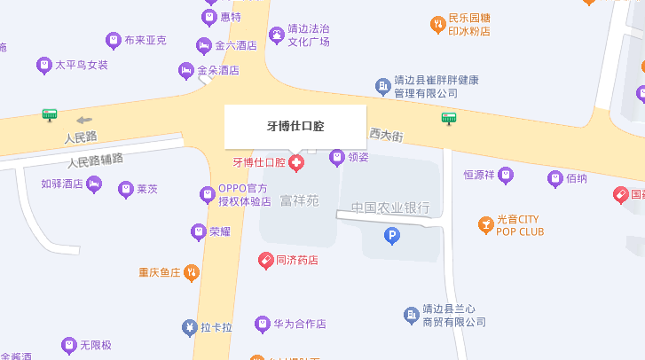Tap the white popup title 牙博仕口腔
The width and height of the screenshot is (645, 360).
click(295, 126)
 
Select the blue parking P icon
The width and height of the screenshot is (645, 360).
click(391, 235)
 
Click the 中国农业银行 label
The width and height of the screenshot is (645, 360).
click(389, 207)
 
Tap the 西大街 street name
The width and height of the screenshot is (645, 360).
click(386, 136)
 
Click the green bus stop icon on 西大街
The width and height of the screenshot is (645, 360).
click(450, 118)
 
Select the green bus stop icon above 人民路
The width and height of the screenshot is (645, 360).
click(50, 114)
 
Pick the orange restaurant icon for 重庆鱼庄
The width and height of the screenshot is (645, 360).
click(192, 273)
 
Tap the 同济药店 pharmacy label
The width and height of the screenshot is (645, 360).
click(297, 261)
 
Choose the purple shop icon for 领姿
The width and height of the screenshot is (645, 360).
click(337, 158)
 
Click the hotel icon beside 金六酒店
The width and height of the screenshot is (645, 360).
click(204, 45)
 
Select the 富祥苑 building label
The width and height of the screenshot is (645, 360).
click(299, 200)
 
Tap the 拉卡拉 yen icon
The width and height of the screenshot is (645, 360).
click(189, 327)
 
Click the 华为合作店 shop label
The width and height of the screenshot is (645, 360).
click(300, 325)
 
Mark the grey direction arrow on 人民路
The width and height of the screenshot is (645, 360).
click(84, 120)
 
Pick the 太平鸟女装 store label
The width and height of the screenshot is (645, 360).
click(82, 65)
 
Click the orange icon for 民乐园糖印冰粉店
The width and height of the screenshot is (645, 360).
click(437, 24)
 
